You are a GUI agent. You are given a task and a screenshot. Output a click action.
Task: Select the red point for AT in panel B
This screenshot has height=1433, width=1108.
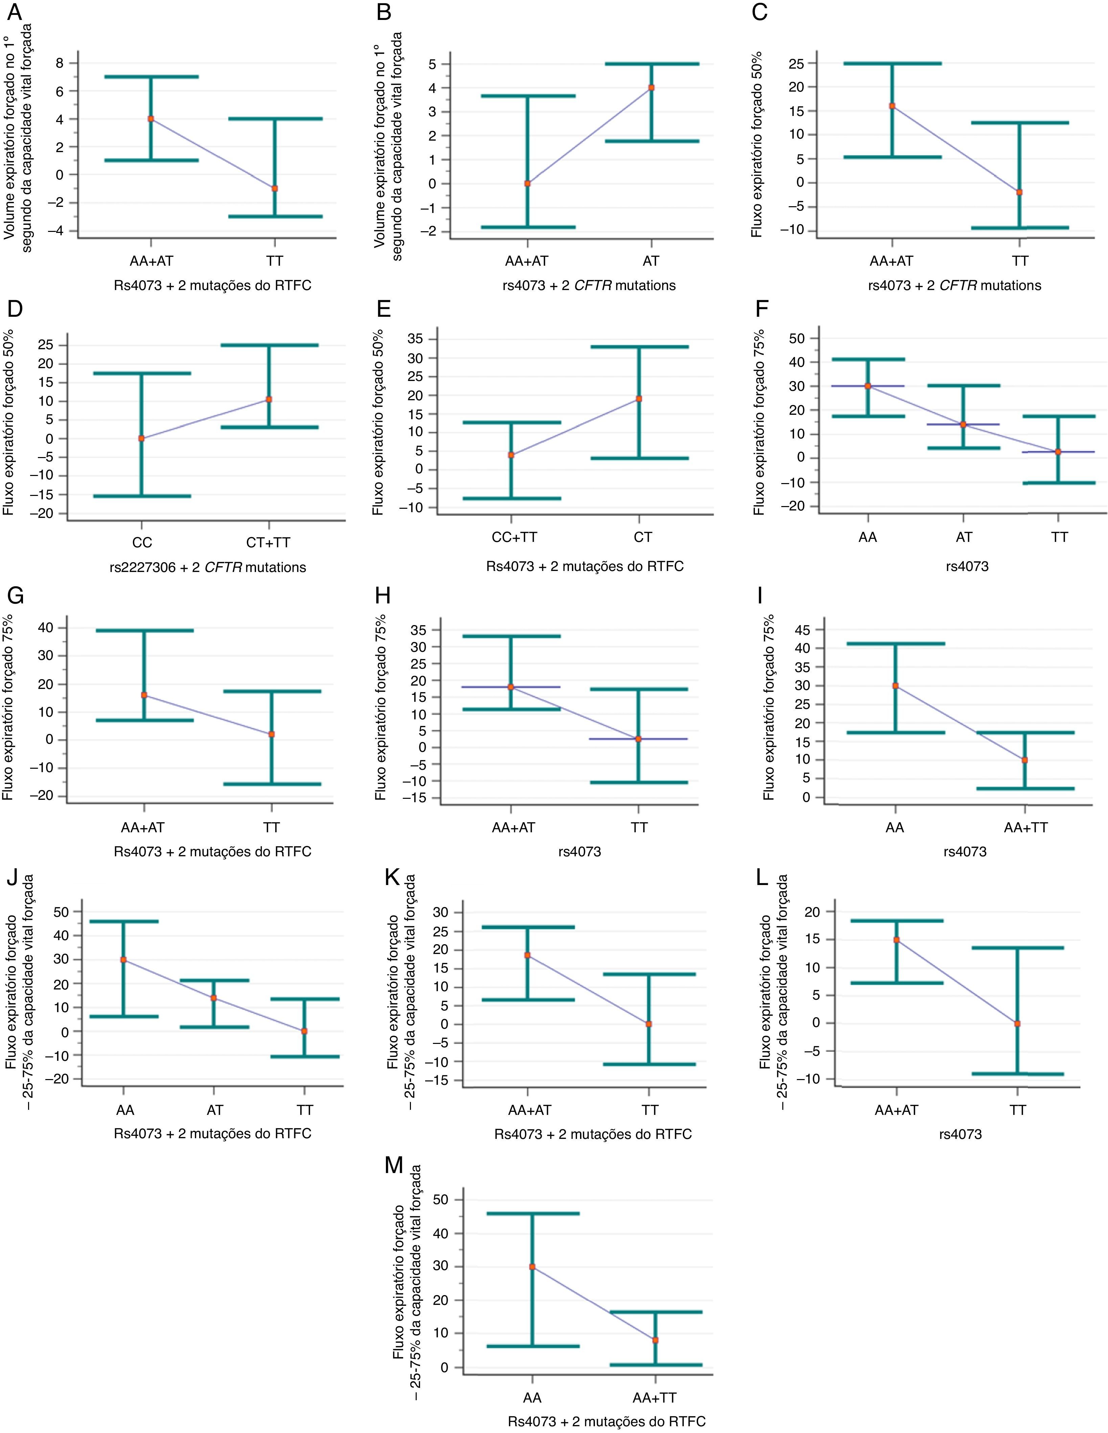pos(651,87)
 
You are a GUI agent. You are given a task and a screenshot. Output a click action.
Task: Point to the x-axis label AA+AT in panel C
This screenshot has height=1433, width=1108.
pos(892,261)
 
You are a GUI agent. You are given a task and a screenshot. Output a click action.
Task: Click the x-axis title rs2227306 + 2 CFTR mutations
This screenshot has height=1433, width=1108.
pos(207,567)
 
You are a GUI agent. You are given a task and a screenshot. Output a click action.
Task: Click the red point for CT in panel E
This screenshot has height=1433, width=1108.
pos(639,398)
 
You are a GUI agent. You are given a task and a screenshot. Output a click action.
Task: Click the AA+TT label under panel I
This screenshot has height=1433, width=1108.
pos(1025,828)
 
